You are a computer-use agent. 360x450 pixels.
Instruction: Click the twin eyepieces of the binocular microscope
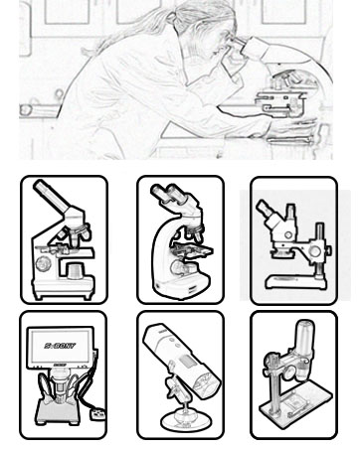tap(162, 197)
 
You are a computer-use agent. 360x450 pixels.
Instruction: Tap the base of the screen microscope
tap(55, 415)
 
